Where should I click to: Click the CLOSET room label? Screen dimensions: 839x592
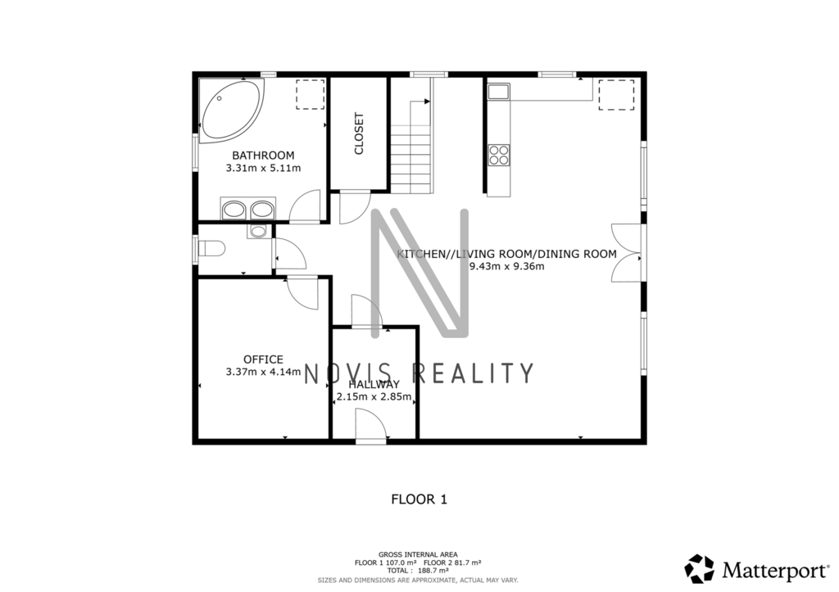coord(359,133)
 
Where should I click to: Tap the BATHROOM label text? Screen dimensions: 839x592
coord(263,156)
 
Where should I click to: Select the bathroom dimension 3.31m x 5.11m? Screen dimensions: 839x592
coord(263,168)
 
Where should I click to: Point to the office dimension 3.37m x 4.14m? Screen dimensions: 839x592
coord(263,372)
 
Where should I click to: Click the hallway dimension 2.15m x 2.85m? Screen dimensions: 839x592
coord(374,397)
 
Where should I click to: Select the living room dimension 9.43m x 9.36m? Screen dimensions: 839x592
coord(506,266)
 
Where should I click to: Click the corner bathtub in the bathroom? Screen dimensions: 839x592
coord(231,111)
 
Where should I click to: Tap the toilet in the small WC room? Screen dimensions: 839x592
coord(211,249)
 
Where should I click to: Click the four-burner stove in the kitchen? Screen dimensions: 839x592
coord(499,155)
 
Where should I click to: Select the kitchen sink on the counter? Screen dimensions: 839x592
coord(499,92)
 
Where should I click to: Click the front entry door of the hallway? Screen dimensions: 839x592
coord(371,426)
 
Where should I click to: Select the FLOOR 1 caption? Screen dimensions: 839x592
coord(419,499)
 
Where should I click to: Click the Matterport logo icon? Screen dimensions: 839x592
coord(700,569)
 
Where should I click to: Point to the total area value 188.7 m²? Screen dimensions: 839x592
coord(433,571)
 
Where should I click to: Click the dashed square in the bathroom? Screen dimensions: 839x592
coord(311,95)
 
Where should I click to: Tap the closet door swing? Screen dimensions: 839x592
coord(355,207)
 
